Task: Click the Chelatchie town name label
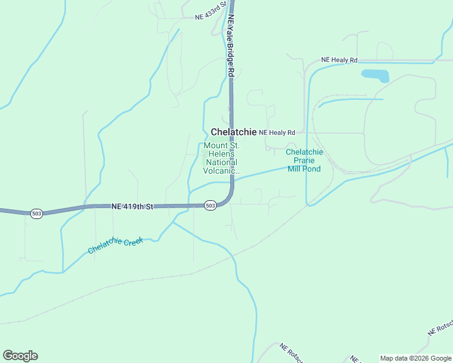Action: click(233, 132)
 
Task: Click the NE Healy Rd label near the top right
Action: click(339, 60)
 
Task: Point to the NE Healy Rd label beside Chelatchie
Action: click(277, 132)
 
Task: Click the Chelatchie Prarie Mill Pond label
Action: click(304, 160)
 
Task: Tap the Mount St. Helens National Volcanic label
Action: click(221, 158)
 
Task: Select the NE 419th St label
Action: click(132, 206)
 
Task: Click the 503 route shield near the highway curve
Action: click(210, 206)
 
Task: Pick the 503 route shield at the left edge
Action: click(37, 214)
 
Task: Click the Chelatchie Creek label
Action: click(115, 245)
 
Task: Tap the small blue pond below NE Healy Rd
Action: click(375, 76)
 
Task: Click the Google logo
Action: click(20, 356)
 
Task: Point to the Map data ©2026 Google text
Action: click(416, 358)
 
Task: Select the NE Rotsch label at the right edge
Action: click(440, 327)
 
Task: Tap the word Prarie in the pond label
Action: click(304, 160)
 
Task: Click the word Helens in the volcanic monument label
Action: click(221, 154)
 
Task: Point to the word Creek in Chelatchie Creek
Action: click(133, 241)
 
